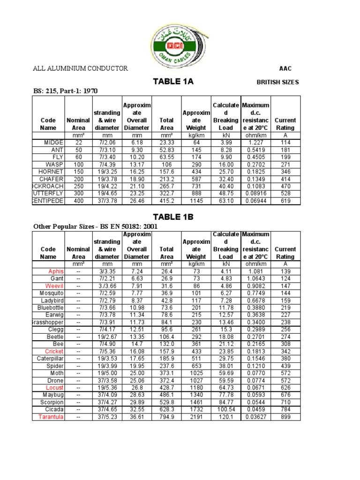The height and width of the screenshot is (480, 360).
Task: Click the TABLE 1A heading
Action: [x=173, y=82]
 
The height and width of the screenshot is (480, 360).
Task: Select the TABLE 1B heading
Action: [x=173, y=217]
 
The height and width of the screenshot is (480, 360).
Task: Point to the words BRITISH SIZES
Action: [x=277, y=82]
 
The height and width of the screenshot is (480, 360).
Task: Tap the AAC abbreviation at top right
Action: [x=285, y=68]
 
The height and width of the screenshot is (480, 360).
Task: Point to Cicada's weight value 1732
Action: [x=196, y=409]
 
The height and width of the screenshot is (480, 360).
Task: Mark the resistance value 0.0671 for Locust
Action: [x=255, y=388]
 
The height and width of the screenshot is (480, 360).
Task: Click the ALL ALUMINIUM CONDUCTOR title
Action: [x=80, y=68]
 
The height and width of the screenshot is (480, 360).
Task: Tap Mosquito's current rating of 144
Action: [x=285, y=293]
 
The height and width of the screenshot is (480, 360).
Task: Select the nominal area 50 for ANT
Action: [x=78, y=150]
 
